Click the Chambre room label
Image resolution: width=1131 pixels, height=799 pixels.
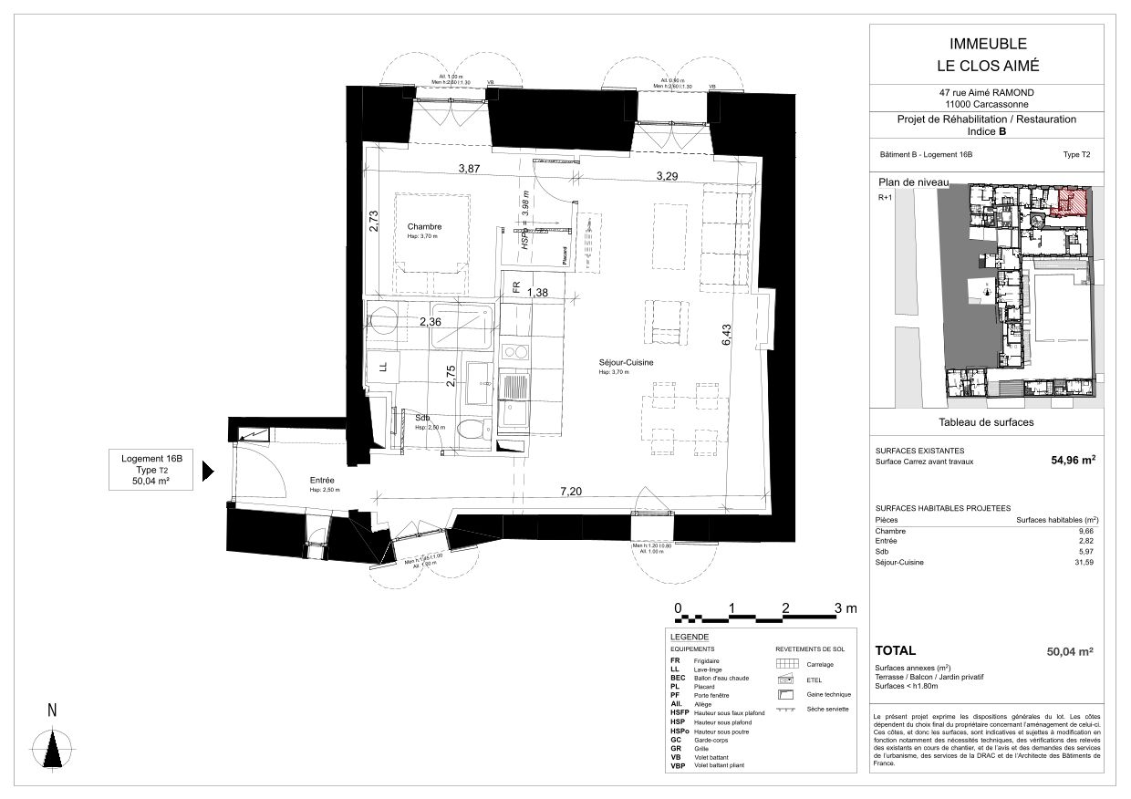(x=424, y=226)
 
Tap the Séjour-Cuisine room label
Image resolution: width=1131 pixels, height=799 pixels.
(x=627, y=362)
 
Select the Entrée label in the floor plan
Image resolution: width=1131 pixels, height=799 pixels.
(x=322, y=481)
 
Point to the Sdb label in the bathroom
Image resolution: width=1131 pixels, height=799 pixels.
(x=422, y=418)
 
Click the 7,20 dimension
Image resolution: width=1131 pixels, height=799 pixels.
(x=571, y=492)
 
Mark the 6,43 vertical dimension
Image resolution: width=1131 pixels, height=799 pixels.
(x=727, y=337)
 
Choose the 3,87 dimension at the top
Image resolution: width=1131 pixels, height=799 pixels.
(x=469, y=169)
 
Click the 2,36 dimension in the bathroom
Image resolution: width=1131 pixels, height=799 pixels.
(x=431, y=321)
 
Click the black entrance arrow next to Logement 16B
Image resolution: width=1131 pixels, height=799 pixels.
(x=207, y=471)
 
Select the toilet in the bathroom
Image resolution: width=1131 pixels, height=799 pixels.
(x=471, y=430)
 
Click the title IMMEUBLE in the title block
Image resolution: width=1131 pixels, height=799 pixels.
(x=988, y=44)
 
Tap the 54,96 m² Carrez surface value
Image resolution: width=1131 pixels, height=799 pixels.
(x=1073, y=461)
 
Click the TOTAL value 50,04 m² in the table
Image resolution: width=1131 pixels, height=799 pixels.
(x=1070, y=651)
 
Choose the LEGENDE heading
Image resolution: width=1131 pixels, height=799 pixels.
(x=690, y=636)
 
